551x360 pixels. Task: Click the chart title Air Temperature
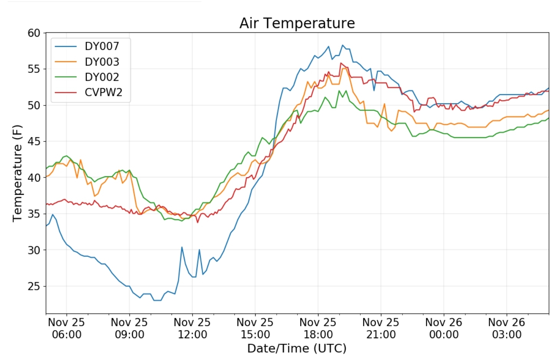tap(297, 23)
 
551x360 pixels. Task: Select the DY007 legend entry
tap(102, 46)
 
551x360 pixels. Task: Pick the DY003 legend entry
tap(102, 62)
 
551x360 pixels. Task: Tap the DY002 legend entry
tap(102, 77)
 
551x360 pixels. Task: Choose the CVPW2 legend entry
tap(103, 92)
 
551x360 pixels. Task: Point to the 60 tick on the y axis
tap(34, 33)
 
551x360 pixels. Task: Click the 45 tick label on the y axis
tap(34, 141)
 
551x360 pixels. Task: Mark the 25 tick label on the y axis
tap(34, 286)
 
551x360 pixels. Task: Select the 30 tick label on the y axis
tap(34, 250)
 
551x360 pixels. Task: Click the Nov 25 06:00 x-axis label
tap(66, 328)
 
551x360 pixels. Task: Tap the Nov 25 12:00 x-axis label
tap(192, 328)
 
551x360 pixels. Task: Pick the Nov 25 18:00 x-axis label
tap(318, 328)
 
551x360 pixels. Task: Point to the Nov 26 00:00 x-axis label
tap(444, 328)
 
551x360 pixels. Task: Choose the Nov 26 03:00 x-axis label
tap(506, 328)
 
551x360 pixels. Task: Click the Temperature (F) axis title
tap(17, 173)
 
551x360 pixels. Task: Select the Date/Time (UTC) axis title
tap(297, 348)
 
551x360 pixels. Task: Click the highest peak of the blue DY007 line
tap(343, 45)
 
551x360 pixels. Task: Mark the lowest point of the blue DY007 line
tap(157, 300)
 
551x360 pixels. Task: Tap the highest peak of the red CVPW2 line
tap(341, 63)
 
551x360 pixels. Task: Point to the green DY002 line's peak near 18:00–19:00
tap(339, 91)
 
